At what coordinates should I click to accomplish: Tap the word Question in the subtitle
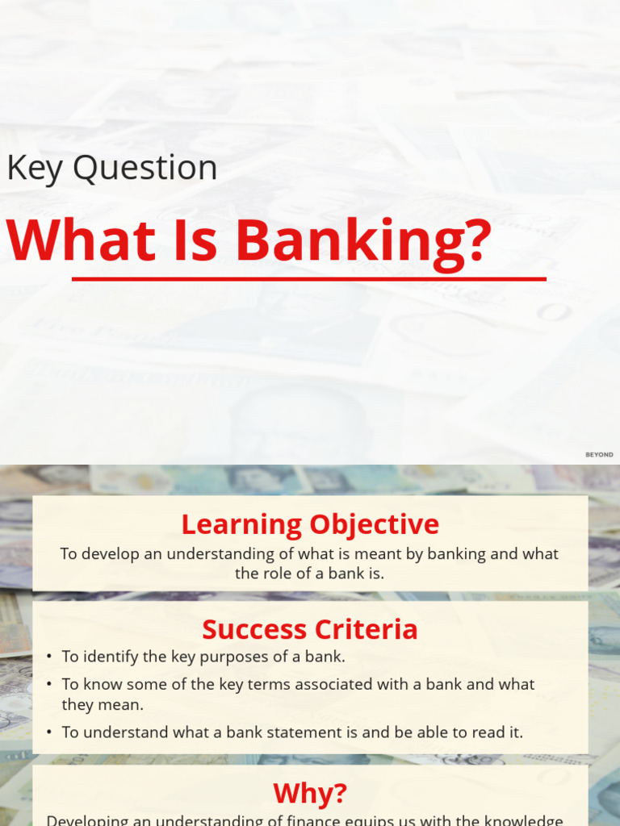point(145,169)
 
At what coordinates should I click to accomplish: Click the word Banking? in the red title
point(363,240)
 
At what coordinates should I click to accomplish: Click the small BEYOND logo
point(599,455)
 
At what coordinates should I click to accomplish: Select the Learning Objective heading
point(310,524)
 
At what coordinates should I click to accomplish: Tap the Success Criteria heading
point(310,629)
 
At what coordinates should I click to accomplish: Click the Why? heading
point(310,793)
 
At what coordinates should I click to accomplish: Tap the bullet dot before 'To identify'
point(49,657)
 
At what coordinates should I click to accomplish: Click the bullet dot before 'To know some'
point(49,684)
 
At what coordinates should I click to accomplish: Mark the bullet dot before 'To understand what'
point(49,732)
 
